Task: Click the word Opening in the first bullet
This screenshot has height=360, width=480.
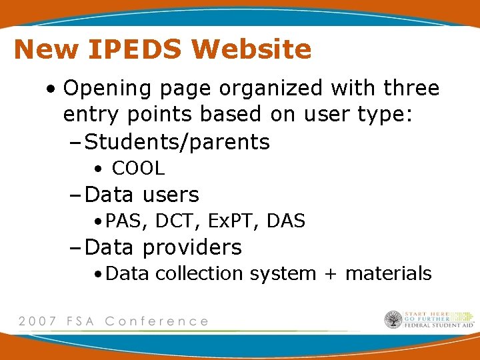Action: click(106, 89)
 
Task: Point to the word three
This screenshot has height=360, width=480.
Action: click(409, 88)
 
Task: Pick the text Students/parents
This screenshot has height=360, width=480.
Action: click(177, 142)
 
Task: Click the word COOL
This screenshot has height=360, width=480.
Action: click(138, 168)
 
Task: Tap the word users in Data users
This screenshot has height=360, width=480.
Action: click(170, 195)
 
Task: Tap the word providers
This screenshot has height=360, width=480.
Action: click(192, 247)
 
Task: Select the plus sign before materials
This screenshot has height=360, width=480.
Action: click(331, 274)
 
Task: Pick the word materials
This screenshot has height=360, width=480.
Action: click(389, 273)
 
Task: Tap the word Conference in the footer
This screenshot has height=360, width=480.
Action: click(157, 321)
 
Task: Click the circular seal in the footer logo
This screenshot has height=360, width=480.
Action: click(393, 319)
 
